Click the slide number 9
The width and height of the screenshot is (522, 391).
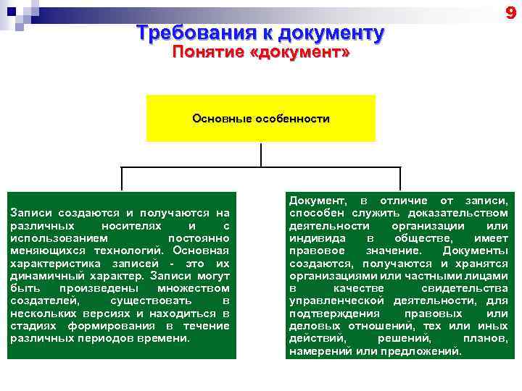pyautogui.click(x=510, y=13)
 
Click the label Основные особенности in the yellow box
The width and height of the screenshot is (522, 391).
pyautogui.click(x=261, y=118)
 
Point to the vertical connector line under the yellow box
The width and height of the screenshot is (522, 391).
pyautogui.click(x=261, y=154)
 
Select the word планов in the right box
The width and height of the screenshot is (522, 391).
pyautogui.click(x=485, y=338)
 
